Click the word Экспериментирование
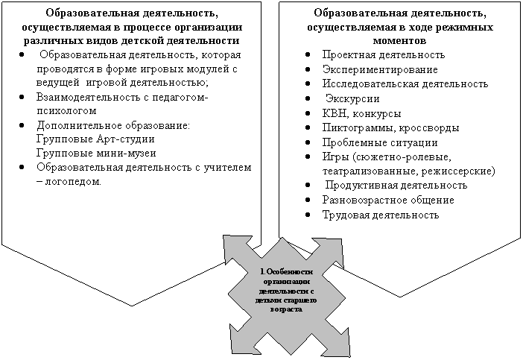tap(380, 69)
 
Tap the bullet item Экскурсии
tap(352, 99)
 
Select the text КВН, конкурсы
tap(361, 114)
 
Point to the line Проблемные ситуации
tap(380, 143)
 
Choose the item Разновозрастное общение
tap(388, 200)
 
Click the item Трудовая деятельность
tap(381, 215)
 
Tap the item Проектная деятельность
tap(384, 54)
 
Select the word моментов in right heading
tap(399, 41)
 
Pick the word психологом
tap(66, 110)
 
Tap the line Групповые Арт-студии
tap(95, 139)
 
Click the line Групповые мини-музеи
tap(96, 153)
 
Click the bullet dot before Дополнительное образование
tap(22, 126)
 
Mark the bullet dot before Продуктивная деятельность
tap(308, 185)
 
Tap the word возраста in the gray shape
tap(287, 309)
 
